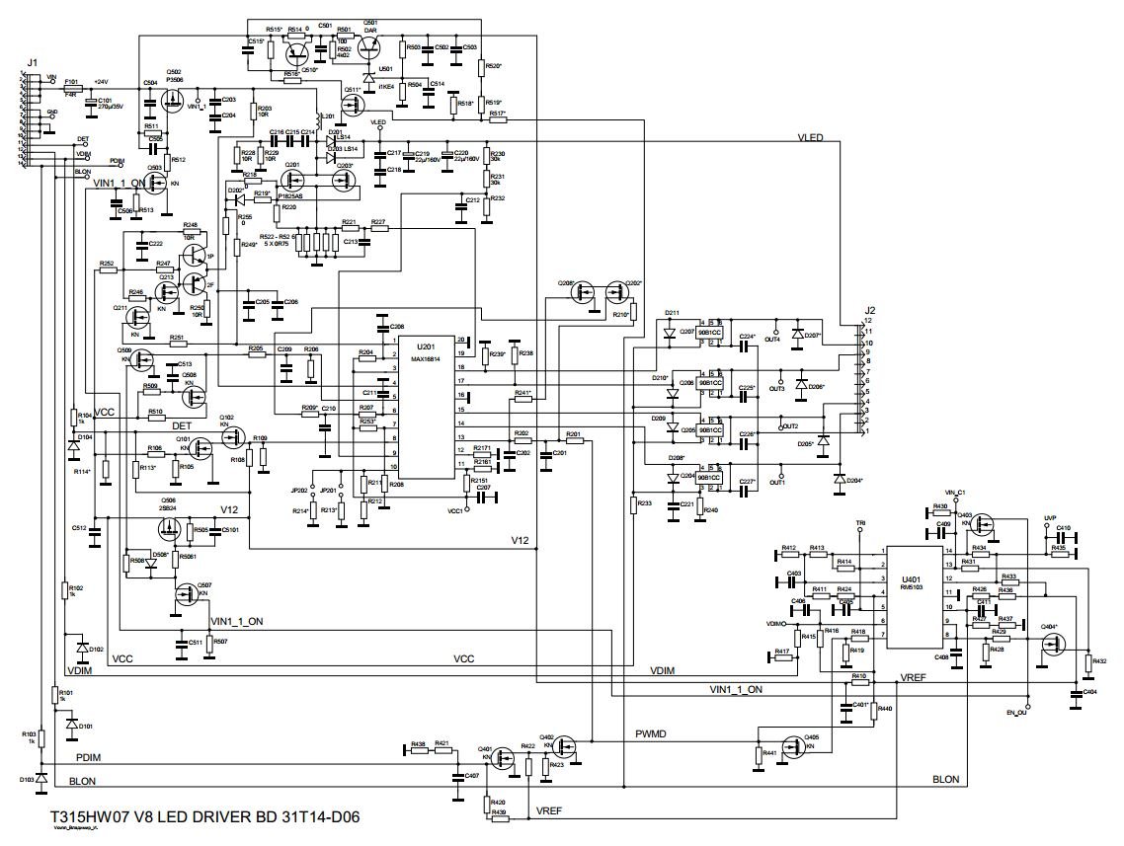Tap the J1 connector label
click(33, 64)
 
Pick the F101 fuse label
click(71, 81)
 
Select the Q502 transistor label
click(174, 72)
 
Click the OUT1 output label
click(776, 483)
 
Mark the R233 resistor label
click(645, 503)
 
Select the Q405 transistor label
click(811, 737)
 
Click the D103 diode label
click(29, 779)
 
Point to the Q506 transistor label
click(169, 500)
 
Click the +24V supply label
click(101, 81)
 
